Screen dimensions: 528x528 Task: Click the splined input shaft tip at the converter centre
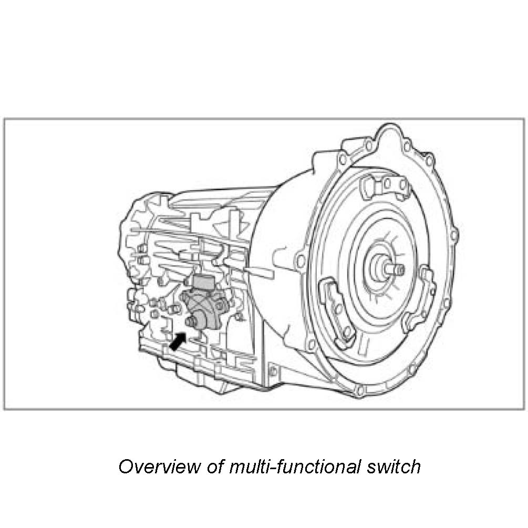pyautogui.click(x=398, y=270)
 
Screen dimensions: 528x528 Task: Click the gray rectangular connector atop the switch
pyautogui.click(x=202, y=282)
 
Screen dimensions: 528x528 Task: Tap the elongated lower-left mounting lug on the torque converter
pyautogui.click(x=337, y=310)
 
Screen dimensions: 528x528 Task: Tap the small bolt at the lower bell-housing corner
pyautogui.click(x=273, y=371)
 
